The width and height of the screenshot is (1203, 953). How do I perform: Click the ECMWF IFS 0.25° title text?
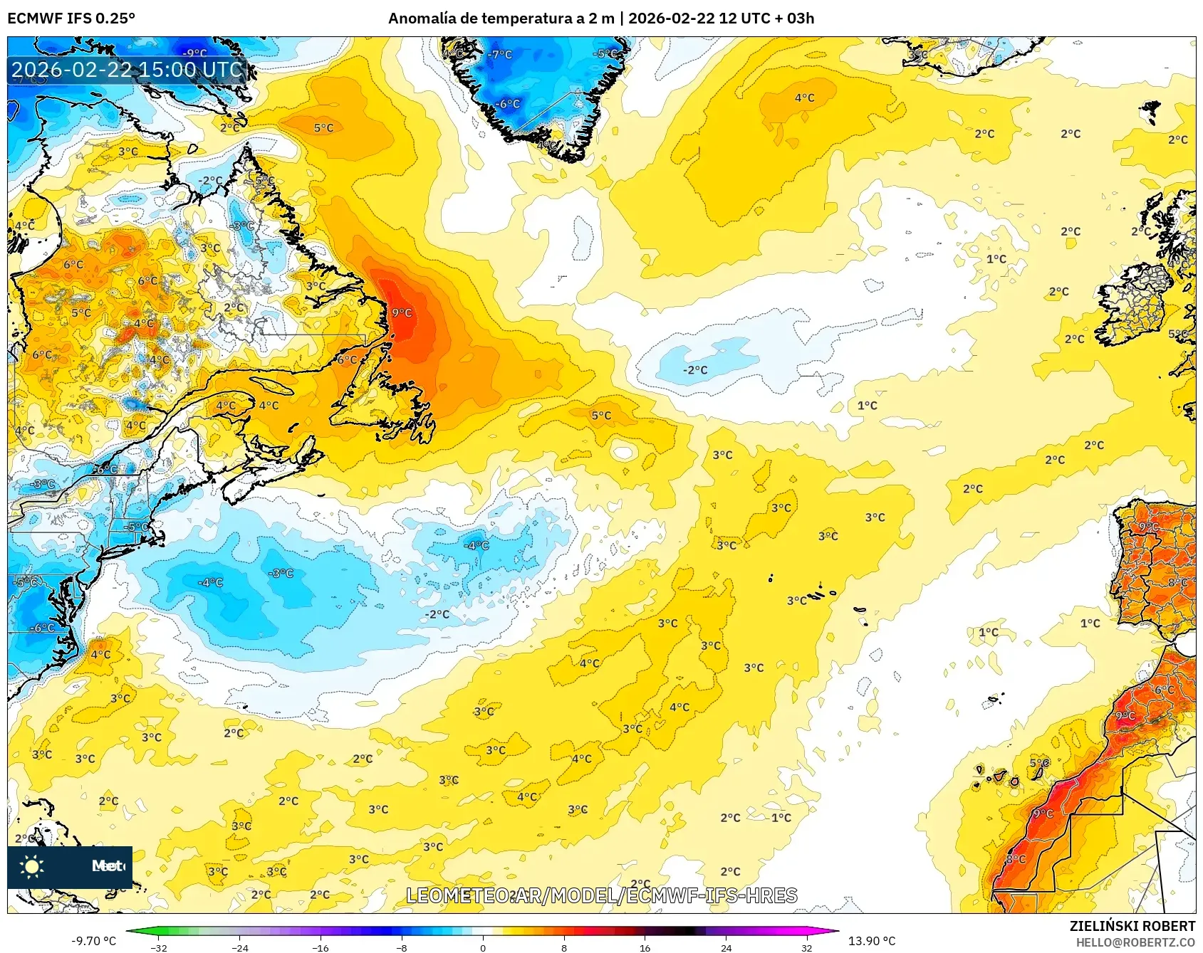(x=71, y=19)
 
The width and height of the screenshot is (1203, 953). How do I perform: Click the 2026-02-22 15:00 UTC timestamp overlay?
(x=127, y=70)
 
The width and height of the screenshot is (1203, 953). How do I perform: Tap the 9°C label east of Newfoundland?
(x=402, y=312)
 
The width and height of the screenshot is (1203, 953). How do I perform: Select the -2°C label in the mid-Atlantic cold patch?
(x=695, y=370)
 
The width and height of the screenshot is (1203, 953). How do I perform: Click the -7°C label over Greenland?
(x=501, y=54)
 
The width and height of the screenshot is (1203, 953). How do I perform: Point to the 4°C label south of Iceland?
(x=804, y=98)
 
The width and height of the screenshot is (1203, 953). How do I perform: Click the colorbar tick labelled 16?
(x=645, y=947)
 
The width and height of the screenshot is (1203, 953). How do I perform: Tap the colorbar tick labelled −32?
(x=159, y=947)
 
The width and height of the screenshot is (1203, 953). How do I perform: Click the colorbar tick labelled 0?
(x=483, y=947)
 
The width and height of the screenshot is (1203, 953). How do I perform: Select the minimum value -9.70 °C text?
(x=93, y=941)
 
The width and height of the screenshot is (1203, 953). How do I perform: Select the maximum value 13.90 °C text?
(x=872, y=941)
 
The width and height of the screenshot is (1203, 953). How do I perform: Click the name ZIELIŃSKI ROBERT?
(x=1132, y=926)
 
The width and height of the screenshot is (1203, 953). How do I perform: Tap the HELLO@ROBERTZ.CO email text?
(x=1135, y=942)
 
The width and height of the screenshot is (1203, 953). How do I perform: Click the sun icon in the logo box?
(x=32, y=866)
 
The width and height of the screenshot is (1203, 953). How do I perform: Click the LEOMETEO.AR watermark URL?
(x=601, y=895)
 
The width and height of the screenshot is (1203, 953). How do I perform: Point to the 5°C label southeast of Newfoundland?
(x=601, y=416)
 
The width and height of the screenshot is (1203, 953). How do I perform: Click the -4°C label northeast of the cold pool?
(x=476, y=546)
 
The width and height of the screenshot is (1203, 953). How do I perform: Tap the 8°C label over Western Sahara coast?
(x=1016, y=860)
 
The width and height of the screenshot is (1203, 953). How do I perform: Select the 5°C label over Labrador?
(x=323, y=128)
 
